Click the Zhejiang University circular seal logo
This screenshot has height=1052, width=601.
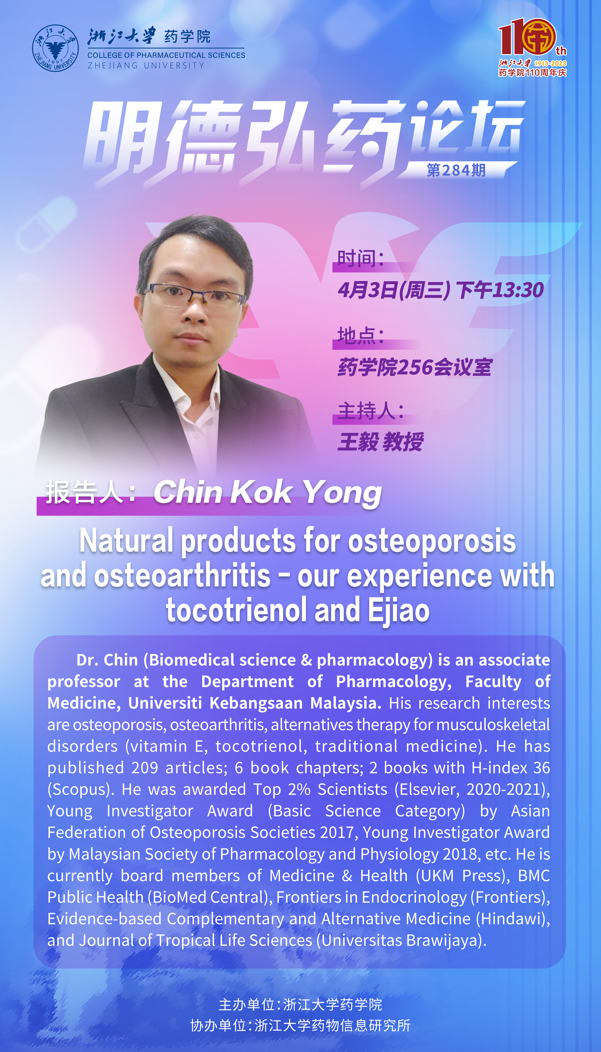coord(55,48)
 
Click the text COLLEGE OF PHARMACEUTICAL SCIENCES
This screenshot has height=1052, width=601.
coord(166,55)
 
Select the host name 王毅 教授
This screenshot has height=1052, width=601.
coord(381,442)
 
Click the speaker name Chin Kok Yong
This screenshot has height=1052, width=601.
coord(267,492)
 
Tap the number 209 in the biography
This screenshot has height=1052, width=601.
coord(144,767)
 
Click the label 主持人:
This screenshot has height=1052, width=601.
coord(370,411)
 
